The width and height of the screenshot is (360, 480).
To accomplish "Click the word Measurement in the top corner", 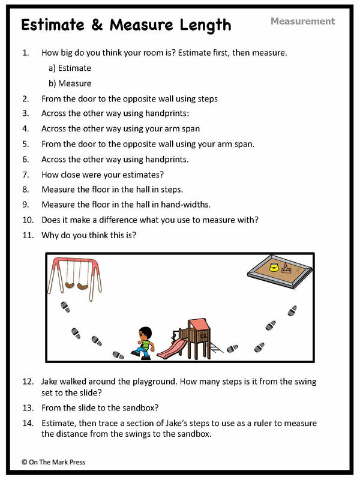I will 302,21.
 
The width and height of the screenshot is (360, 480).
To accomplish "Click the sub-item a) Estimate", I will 70,68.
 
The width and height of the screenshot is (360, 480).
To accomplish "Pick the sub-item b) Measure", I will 70,83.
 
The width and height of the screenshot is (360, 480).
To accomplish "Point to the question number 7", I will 25,175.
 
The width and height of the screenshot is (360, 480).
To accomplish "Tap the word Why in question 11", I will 50,235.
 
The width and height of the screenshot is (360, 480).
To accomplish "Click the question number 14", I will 28,423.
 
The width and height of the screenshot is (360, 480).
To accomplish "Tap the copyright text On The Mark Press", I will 55,462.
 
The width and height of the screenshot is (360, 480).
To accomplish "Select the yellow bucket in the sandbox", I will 274,267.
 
